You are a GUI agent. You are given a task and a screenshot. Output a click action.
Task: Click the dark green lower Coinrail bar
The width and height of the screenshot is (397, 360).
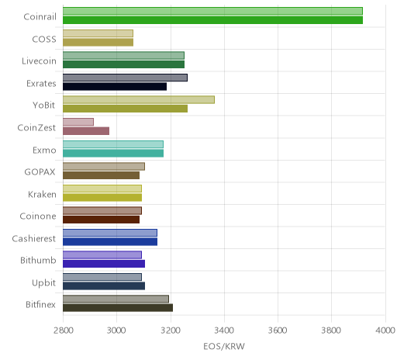[x=212, y=20]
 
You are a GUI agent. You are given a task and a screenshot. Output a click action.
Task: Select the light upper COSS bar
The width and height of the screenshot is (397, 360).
[x=98, y=33]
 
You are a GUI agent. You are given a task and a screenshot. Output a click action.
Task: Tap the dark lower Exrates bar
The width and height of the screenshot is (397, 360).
[x=115, y=86]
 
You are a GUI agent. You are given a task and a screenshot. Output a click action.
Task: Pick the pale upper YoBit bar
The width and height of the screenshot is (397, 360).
[x=139, y=99]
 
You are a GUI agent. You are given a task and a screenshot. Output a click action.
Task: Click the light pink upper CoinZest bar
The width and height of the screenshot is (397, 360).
[x=78, y=122]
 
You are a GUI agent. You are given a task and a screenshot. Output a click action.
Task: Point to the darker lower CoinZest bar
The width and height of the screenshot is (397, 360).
[x=86, y=131]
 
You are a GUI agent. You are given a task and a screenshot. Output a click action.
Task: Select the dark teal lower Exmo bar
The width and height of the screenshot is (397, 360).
[x=113, y=153]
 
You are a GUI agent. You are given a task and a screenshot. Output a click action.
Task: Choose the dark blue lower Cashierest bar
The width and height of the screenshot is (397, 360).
[x=110, y=241]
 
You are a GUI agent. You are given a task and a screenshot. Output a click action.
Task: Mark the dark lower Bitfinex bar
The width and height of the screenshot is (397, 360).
[x=118, y=308]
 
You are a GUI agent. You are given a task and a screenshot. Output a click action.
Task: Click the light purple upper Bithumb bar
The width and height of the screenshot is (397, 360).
[x=102, y=254]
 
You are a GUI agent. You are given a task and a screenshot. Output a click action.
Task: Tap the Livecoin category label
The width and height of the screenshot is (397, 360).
[x=39, y=61]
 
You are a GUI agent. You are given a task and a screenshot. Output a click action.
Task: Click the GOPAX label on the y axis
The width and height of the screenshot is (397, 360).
[x=40, y=172]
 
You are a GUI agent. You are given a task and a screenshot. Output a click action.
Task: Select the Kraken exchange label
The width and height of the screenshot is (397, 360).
[x=42, y=194]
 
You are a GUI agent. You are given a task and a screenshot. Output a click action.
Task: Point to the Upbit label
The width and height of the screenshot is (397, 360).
[x=43, y=283]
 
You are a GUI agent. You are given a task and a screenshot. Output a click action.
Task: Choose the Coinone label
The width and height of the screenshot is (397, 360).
[x=38, y=216]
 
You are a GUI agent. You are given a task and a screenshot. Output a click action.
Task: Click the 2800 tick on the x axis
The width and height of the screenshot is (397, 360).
[x=64, y=331]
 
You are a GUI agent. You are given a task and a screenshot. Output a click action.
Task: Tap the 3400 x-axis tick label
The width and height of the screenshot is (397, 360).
[x=224, y=331]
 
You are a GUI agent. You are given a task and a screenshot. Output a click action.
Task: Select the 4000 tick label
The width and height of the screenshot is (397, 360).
[x=385, y=331]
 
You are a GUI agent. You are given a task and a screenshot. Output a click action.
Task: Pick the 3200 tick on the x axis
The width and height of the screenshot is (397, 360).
[x=171, y=331]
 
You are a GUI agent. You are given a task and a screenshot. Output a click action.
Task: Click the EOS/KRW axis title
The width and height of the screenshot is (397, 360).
[x=224, y=346]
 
